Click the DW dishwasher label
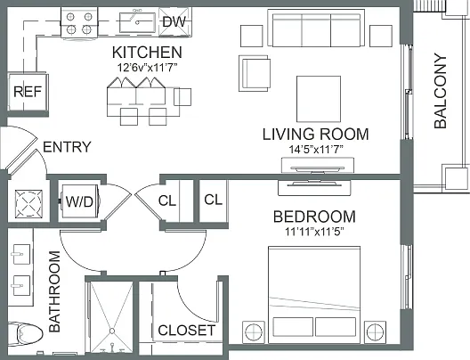pyautogui.click(x=174, y=21)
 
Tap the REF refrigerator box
pyautogui.click(x=28, y=92)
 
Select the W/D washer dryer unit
pyautogui.click(x=80, y=201)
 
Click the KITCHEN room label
pyautogui.click(x=147, y=53)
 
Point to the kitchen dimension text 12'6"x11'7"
pyautogui.click(x=147, y=67)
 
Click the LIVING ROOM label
pyautogui.click(x=316, y=134)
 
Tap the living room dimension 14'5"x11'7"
pyautogui.click(x=316, y=149)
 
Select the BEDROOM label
pyautogui.click(x=314, y=217)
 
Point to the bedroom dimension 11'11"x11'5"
pyautogui.click(x=314, y=232)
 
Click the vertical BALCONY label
pyautogui.click(x=441, y=91)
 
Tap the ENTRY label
pyautogui.click(x=67, y=147)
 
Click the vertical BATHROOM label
pyautogui.click(x=54, y=291)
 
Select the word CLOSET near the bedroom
pyautogui.click(x=186, y=331)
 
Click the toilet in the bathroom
pyautogui.click(x=26, y=333)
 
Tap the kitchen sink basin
pyautogui.click(x=138, y=22)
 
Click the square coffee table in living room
pyautogui.click(x=319, y=98)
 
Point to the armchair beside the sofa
pyautogui.click(x=255, y=73)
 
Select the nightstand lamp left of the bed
pyautogui.click(x=254, y=332)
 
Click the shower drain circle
pyautogui.click(x=112, y=331)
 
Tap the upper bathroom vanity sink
pyautogui.click(x=21, y=254)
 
